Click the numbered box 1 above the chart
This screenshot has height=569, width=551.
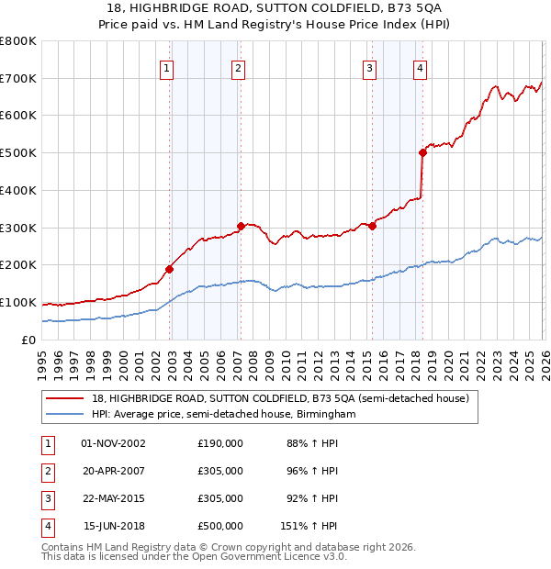[166, 67]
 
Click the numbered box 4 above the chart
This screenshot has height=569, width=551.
[420, 67]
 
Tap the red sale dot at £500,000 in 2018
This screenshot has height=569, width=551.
[423, 152]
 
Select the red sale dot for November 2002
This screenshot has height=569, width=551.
[170, 269]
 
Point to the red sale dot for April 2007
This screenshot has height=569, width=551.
[241, 226]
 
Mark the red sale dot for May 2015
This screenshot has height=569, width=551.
[373, 226]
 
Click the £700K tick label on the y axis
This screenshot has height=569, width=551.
[18, 78]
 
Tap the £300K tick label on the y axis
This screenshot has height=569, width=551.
[18, 228]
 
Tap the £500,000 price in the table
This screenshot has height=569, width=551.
[220, 526]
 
